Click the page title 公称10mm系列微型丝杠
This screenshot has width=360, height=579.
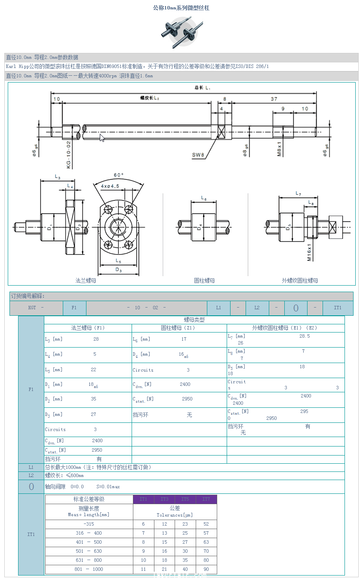tap(181, 8)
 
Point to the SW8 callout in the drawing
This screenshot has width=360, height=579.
tap(198, 154)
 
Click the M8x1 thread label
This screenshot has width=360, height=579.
tap(279, 149)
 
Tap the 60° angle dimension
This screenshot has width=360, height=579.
tap(119, 175)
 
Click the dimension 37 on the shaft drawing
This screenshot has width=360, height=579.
tap(274, 99)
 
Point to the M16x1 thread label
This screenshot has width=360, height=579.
tap(309, 252)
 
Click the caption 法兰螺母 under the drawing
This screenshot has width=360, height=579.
tap(86, 280)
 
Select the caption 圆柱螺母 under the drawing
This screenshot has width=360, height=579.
tap(204, 280)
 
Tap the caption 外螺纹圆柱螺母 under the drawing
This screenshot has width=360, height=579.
tap(300, 280)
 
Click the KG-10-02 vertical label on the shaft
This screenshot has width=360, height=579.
tap(68, 154)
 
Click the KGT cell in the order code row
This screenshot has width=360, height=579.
tap(32, 308)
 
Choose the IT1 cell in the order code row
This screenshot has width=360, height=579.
tap(338, 308)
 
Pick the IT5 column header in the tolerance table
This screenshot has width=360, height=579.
tap(185, 499)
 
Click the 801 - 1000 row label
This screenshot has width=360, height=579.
tap(89, 569)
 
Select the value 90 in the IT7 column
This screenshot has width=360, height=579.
tap(206, 569)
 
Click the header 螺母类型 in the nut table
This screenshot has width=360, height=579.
tap(194, 320)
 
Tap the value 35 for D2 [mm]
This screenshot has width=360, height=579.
tap(94, 399)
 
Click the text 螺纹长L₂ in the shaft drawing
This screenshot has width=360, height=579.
tap(150, 98)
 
